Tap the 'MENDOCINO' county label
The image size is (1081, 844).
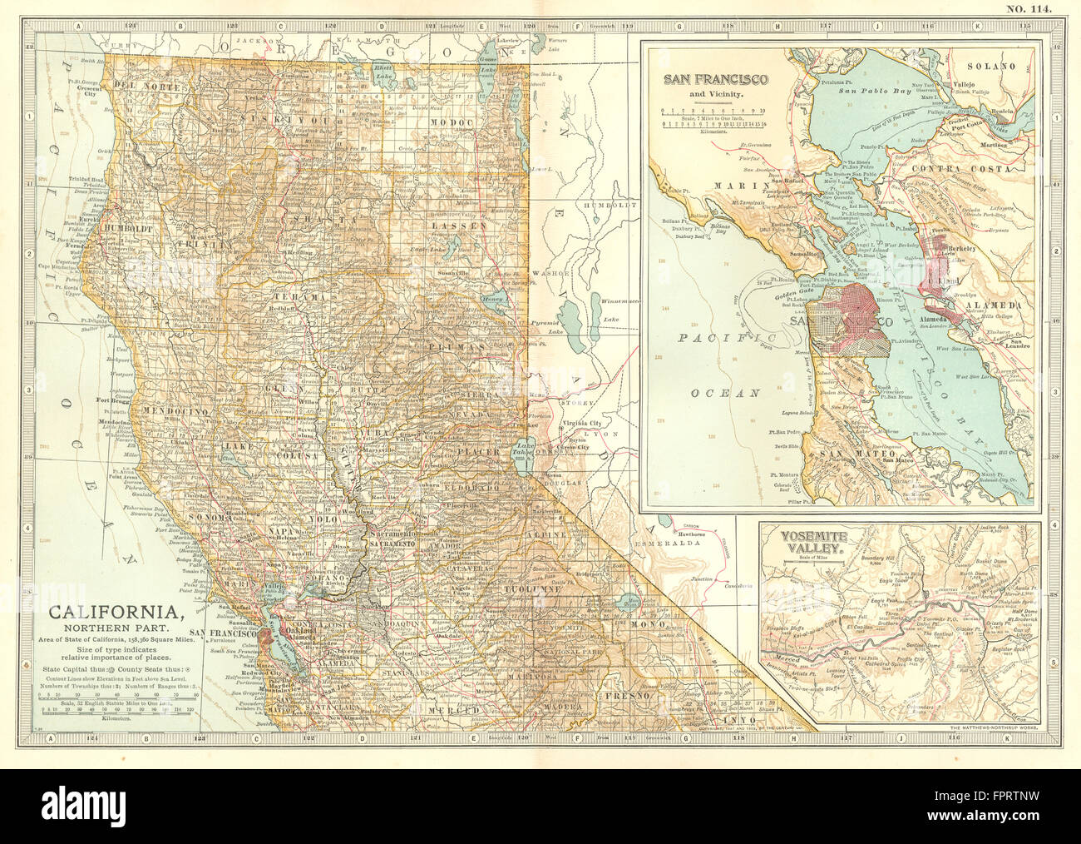[x=174, y=411]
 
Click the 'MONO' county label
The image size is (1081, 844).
[x=653, y=624]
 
